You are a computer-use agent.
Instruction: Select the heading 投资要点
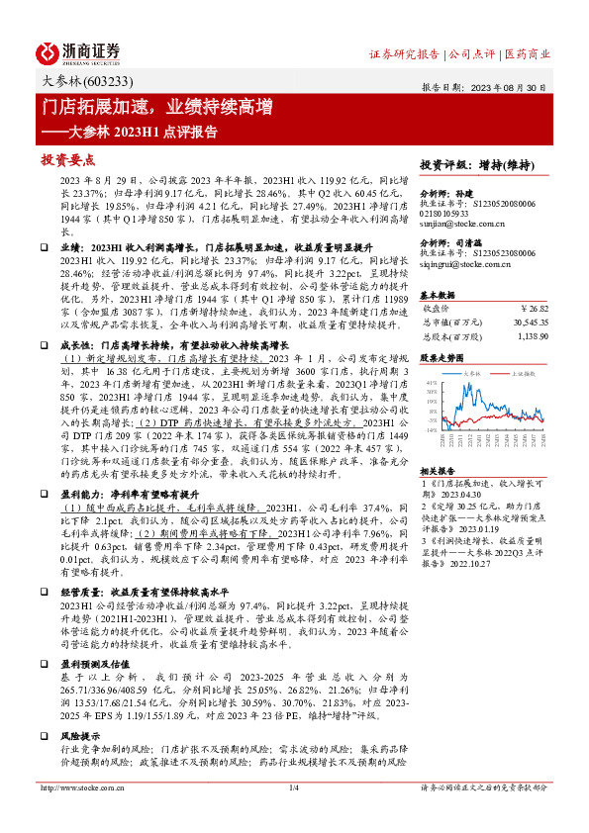(67, 158)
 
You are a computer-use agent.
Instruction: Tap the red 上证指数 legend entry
(523, 374)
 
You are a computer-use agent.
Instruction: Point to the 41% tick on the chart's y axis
(432, 382)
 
